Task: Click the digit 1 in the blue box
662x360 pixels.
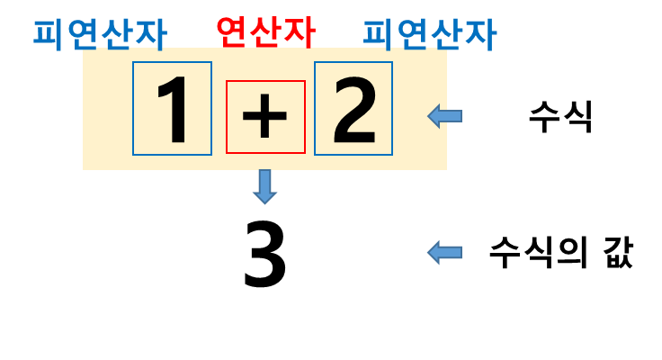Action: tap(173, 109)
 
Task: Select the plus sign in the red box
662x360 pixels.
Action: tap(265, 117)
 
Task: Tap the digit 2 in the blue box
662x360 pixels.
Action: tap(353, 110)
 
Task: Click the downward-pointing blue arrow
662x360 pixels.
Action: tap(264, 186)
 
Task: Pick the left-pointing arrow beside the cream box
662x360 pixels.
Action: tap(444, 116)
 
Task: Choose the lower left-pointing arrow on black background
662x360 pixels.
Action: tap(444, 252)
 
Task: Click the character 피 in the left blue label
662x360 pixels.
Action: tap(49, 34)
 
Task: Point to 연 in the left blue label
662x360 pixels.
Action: tap(83, 34)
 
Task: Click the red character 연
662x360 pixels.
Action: tap(232, 31)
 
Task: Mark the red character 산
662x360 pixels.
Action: tap(265, 31)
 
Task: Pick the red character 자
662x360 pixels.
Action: tap(299, 31)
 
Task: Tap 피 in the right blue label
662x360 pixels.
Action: tap(379, 34)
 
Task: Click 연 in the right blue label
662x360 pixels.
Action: tap(412, 34)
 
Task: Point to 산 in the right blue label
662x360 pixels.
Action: tap(446, 34)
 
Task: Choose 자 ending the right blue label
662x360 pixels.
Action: tap(479, 34)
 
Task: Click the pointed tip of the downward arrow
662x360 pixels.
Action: tap(264, 202)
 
